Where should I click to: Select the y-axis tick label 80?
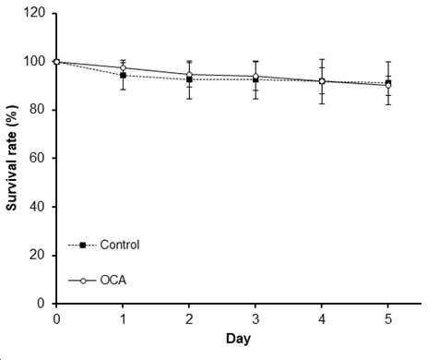tap(38, 110)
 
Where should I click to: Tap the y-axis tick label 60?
tap(38, 158)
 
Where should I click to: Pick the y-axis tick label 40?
tap(38, 207)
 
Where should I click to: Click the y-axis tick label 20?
tap(38, 255)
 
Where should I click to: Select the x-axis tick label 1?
tap(123, 319)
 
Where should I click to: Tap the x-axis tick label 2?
tap(189, 319)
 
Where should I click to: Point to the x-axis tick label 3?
tap(255, 319)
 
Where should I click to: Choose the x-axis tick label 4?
tap(322, 319)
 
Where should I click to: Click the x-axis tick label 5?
tap(388, 319)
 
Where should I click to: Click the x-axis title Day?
tap(238, 339)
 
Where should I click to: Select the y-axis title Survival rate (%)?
tap(12, 158)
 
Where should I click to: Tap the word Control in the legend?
tap(120, 245)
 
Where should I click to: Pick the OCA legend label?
tap(113, 281)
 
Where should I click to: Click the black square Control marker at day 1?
tap(123, 76)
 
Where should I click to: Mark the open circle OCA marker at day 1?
tap(123, 68)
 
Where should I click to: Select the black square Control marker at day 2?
tap(189, 79)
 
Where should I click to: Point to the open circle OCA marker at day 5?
tap(388, 86)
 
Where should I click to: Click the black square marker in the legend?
tap(82, 246)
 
